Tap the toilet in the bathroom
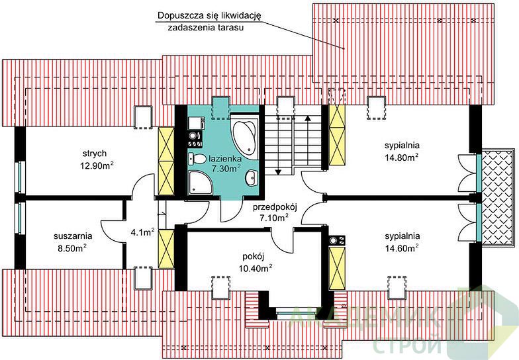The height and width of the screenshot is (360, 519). click(197, 159)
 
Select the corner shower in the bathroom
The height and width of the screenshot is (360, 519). click(199, 183)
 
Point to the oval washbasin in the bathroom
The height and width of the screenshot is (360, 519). click(252, 179)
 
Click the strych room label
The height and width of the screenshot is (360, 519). click(95, 154)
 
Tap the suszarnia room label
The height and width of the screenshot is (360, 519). click(73, 236)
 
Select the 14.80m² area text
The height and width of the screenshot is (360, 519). click(401, 157)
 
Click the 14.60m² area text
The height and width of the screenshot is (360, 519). click(401, 247)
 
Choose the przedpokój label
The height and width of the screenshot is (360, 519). click(275, 208)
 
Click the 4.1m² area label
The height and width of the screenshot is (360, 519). click(142, 232)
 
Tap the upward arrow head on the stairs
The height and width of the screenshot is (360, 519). click(308, 117)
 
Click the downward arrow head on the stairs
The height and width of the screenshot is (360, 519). click(278, 172)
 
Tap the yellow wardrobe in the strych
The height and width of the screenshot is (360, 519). click(166, 161)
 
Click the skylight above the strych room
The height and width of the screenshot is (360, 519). click(143, 117)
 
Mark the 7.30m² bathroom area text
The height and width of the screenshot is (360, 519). click(226, 168)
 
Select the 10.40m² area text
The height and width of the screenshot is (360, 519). click(256, 269)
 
